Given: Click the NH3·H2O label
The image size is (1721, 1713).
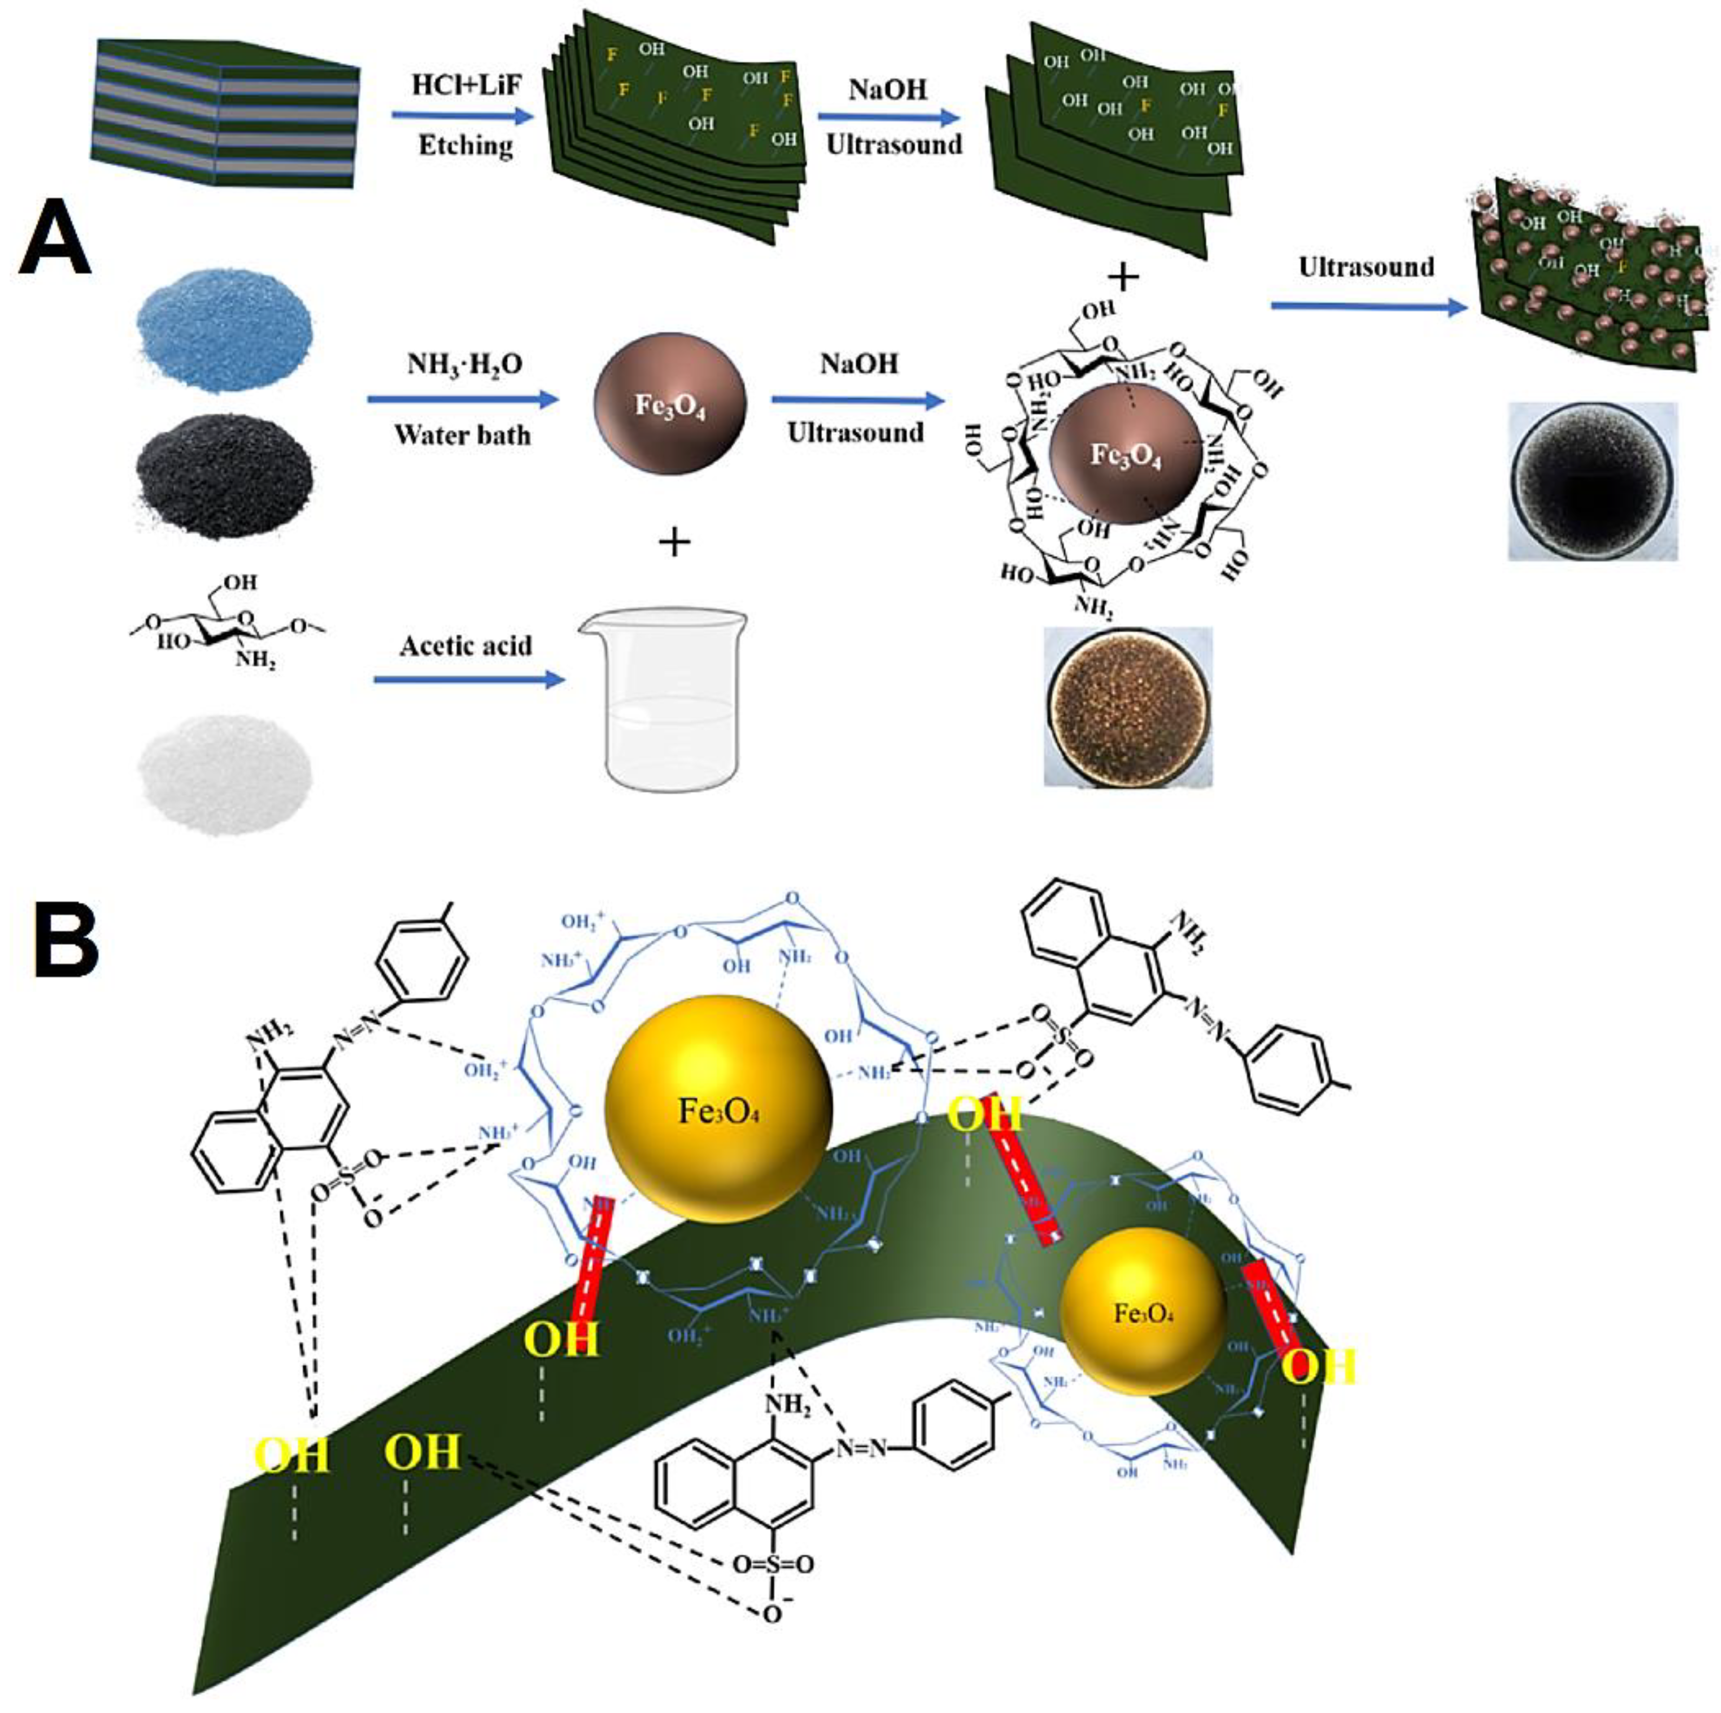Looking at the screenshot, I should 465,363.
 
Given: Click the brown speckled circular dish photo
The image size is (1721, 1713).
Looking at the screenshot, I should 1128,707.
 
